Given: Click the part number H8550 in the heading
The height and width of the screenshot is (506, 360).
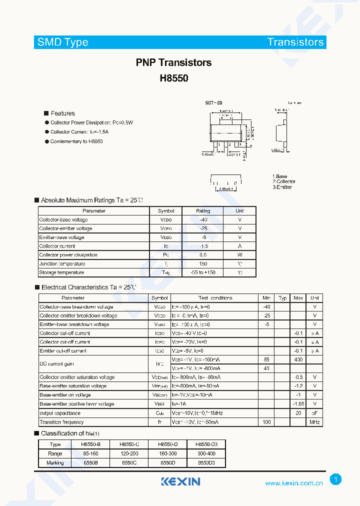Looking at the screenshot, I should pyautogui.click(x=173, y=78).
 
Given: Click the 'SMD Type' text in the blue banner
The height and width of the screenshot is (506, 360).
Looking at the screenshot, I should pyautogui.click(x=63, y=42).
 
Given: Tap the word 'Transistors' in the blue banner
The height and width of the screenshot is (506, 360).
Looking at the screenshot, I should pyautogui.click(x=295, y=42).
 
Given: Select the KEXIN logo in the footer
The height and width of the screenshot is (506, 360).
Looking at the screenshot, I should pyautogui.click(x=180, y=481).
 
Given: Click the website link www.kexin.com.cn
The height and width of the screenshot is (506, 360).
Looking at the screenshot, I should pyautogui.click(x=293, y=483).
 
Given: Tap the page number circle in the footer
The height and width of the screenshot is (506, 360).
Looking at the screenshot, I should pyautogui.click(x=335, y=480).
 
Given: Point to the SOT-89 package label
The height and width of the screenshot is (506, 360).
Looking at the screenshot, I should pyautogui.click(x=213, y=103).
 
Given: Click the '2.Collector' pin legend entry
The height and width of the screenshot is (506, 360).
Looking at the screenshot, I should pyautogui.click(x=284, y=181).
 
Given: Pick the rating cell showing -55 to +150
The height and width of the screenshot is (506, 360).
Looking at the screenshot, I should pyautogui.click(x=203, y=272).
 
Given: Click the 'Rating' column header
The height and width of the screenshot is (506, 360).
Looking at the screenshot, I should pyautogui.click(x=203, y=211).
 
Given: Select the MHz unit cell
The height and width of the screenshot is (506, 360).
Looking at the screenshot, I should pyautogui.click(x=314, y=422).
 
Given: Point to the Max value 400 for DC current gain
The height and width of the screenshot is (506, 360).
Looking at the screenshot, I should pyautogui.click(x=298, y=359).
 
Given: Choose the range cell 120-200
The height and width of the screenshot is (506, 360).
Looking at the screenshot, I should pyautogui.click(x=130, y=453).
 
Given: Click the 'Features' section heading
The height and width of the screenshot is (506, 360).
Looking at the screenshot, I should pyautogui.click(x=62, y=113).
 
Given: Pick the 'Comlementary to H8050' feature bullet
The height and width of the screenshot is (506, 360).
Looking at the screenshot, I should pyautogui.click(x=76, y=141).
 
